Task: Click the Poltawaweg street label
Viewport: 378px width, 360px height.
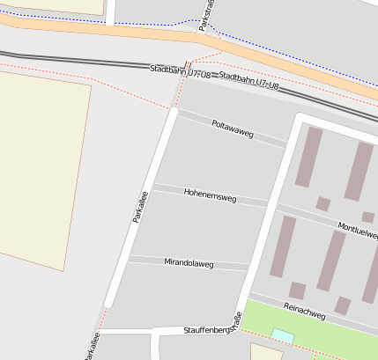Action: [233, 129]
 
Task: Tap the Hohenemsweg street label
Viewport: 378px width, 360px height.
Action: [210, 195]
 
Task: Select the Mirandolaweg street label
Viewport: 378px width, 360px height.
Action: [189, 262]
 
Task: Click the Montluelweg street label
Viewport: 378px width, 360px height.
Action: [358, 230]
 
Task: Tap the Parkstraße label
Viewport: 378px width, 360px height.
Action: [207, 13]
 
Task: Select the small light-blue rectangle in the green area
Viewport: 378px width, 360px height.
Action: [283, 335]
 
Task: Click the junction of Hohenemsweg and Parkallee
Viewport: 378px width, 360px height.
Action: [152, 187]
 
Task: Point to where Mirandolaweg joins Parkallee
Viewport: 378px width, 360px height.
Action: [128, 258]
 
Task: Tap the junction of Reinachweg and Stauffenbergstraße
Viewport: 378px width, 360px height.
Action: [248, 298]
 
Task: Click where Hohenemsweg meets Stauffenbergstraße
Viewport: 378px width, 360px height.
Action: [269, 203]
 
